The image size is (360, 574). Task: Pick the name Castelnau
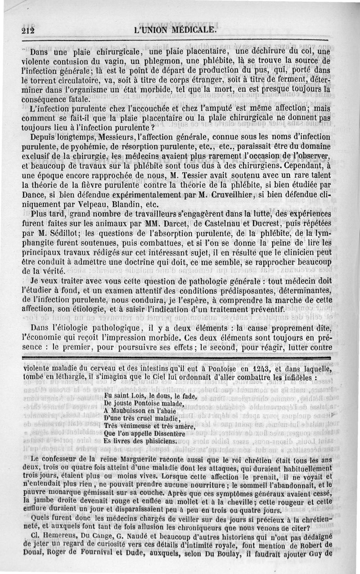pos(211,224)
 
